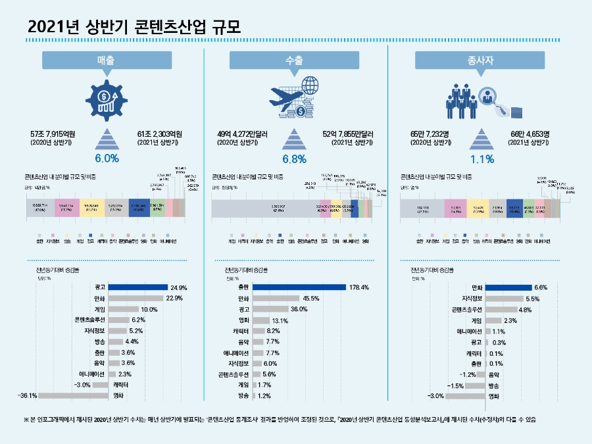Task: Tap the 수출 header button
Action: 295,60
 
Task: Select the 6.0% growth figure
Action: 107,158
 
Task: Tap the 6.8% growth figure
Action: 295,159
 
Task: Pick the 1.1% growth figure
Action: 483,159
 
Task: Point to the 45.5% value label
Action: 312,298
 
